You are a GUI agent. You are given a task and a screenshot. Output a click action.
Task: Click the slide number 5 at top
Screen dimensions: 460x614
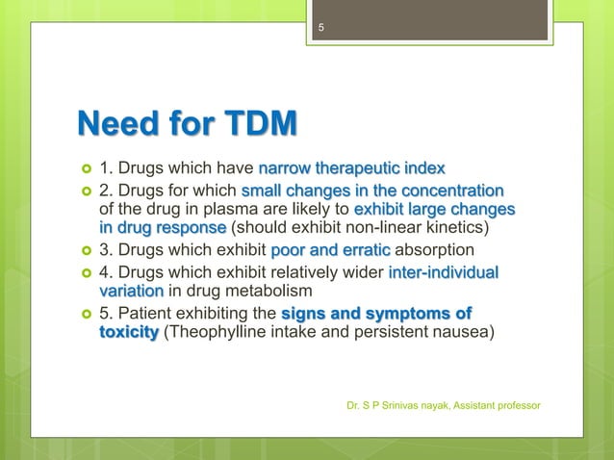point(323,28)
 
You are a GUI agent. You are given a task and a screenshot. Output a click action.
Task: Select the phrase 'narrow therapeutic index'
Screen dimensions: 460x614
point(352,170)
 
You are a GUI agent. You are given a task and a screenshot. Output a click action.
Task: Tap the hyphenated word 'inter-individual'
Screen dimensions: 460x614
point(444,273)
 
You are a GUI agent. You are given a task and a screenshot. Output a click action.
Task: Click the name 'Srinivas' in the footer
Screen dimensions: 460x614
point(401,405)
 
